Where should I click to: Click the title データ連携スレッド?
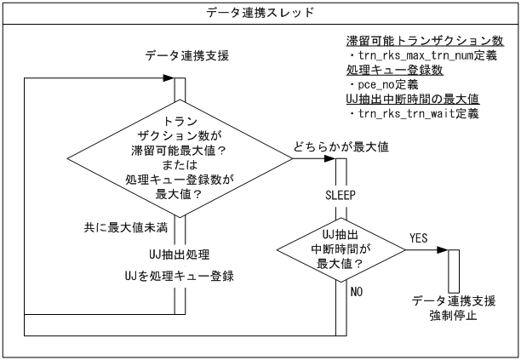(x=260, y=13)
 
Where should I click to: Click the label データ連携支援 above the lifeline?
(x=179, y=56)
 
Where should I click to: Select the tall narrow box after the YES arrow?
(x=453, y=270)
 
